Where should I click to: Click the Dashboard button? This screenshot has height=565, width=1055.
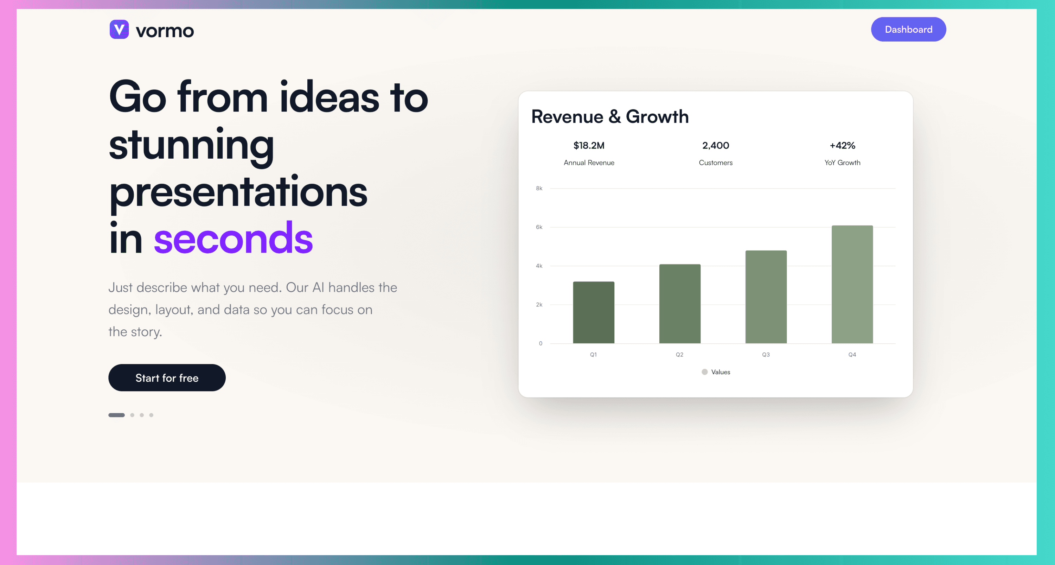(908, 30)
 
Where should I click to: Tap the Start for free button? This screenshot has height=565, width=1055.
(167, 378)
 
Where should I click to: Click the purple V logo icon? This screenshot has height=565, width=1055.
(119, 30)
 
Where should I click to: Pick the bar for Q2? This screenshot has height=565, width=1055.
(680, 304)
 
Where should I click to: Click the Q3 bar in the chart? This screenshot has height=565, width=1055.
(766, 297)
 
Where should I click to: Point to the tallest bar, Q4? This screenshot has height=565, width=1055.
(852, 284)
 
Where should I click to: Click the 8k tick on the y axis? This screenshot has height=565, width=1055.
(539, 189)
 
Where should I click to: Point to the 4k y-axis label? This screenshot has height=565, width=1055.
(539, 266)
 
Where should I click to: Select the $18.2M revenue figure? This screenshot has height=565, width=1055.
(589, 145)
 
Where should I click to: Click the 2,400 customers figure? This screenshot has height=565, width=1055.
(716, 145)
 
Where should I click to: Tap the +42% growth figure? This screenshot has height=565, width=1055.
(843, 145)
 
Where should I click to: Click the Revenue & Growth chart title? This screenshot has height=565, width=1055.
(610, 117)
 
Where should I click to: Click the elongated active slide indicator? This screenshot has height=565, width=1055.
(117, 415)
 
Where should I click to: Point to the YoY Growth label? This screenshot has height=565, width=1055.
(843, 163)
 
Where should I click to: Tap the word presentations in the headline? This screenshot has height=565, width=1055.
(238, 192)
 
